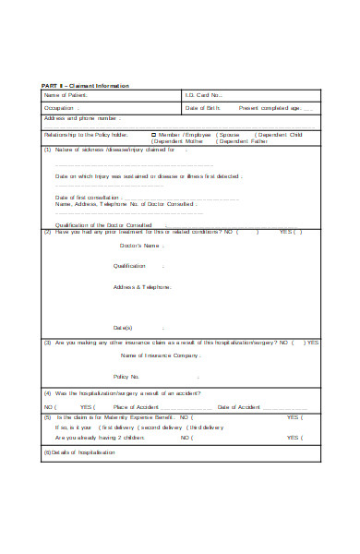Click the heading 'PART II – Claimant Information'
click(84, 85)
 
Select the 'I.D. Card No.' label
click(204, 95)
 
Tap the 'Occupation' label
click(58, 107)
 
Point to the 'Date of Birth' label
click(202, 107)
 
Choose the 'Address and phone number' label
click(80, 118)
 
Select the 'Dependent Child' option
click(281, 134)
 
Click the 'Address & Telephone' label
click(142, 287)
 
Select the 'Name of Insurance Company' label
click(159, 355)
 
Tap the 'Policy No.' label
click(126, 376)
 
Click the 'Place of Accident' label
click(135, 406)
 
